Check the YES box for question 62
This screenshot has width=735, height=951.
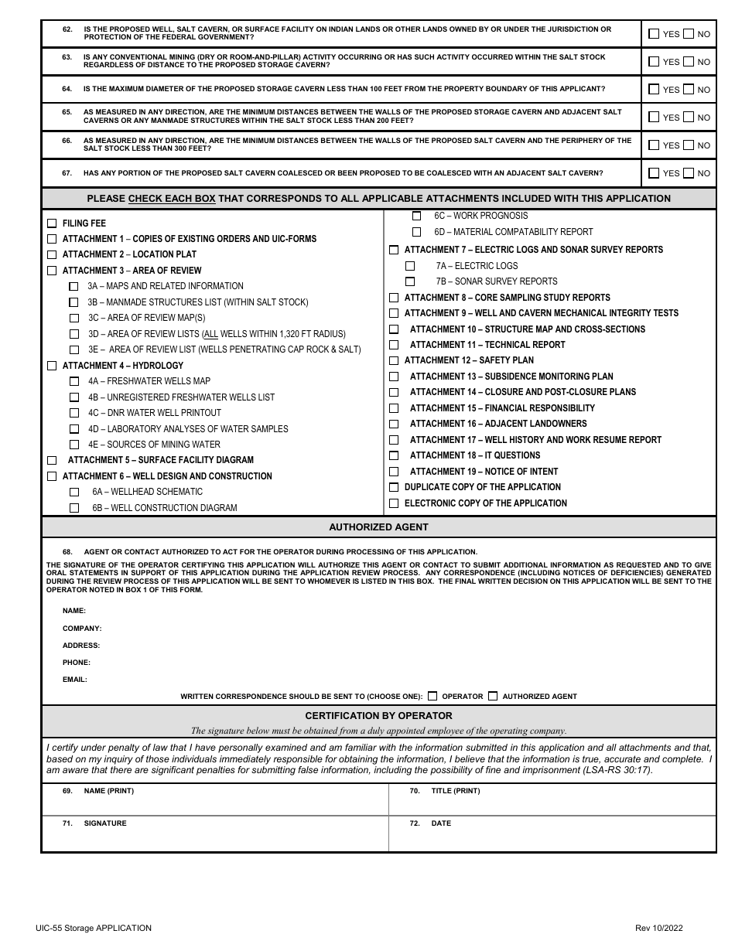coord(654,34)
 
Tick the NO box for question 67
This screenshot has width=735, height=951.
coord(689,173)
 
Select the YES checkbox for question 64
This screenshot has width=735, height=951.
coord(654,90)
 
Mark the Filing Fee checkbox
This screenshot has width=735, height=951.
coord(52,223)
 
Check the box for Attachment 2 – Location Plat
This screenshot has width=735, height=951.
coord(52,254)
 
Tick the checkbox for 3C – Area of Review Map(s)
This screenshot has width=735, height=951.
coord(74,318)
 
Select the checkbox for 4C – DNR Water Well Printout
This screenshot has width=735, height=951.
coord(74,413)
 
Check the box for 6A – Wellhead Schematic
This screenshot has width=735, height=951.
coord(74,492)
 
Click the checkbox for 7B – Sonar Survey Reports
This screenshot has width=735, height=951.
coord(410,281)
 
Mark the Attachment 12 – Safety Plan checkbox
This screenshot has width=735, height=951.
coord(394,360)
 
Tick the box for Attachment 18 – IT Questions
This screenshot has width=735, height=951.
coord(394,455)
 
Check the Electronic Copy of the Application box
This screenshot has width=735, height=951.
coord(394,503)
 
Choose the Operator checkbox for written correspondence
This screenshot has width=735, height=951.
coord(432,696)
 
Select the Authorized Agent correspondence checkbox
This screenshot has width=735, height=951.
coord(493,696)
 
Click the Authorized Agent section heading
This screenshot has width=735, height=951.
coord(378,527)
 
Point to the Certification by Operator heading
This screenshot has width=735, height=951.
coord(378,716)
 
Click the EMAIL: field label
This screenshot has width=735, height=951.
coord(75,680)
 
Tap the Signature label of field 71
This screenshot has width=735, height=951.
coord(105,823)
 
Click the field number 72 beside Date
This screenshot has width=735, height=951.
coord(415,823)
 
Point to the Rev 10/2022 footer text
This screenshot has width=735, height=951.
coord(658,928)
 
